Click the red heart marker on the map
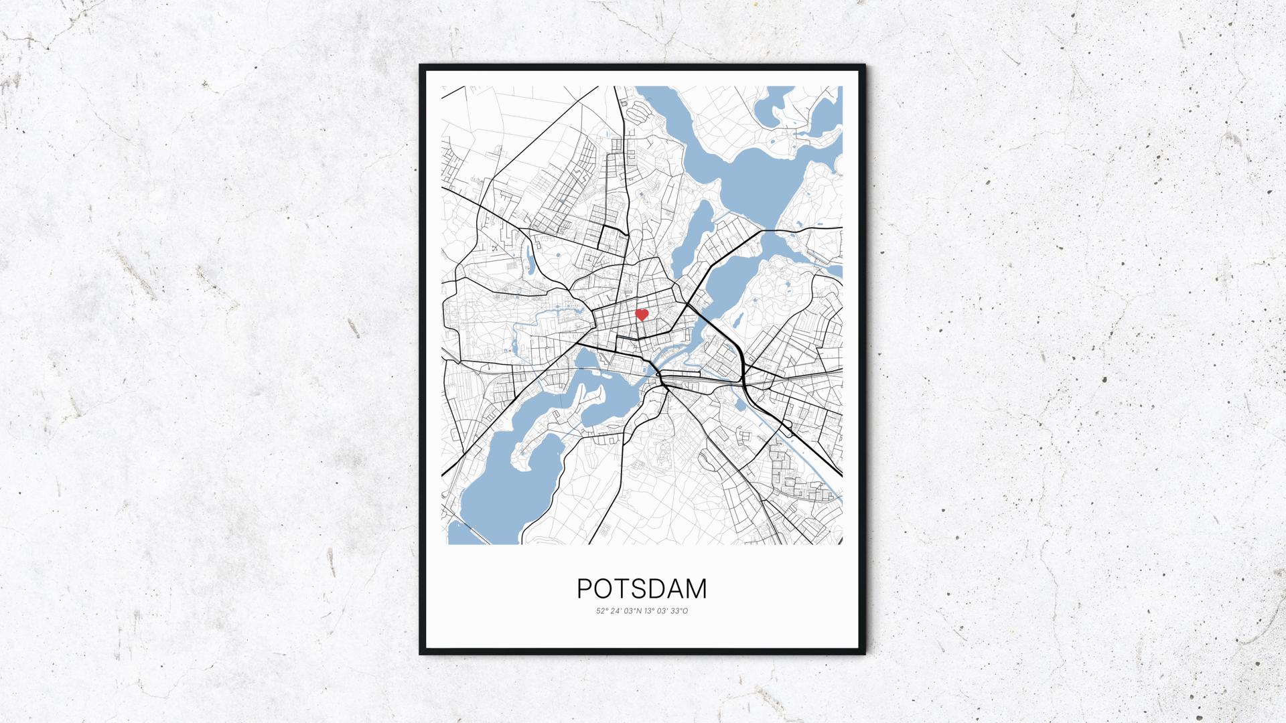click(642, 314)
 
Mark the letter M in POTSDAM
click(696, 589)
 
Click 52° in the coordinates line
click(601, 611)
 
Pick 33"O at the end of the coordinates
click(678, 611)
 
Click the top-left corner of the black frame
click(421, 66)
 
